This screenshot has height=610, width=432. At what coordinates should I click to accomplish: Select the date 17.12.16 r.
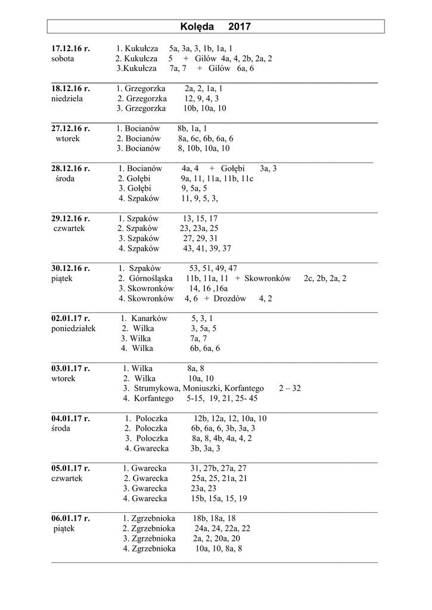[70, 48]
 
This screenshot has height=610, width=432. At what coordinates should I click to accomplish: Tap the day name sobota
[63, 58]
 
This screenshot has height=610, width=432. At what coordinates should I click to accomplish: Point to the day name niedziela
[67, 98]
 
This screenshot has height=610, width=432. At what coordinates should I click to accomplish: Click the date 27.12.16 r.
[70, 128]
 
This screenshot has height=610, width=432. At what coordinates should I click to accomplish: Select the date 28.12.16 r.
[70, 169]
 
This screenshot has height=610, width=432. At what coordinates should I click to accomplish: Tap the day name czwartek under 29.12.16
[69, 228]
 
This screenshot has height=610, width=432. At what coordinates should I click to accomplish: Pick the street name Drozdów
[229, 298]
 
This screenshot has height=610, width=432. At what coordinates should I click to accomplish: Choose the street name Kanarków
[150, 318]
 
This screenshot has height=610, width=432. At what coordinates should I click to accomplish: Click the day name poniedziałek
[73, 328]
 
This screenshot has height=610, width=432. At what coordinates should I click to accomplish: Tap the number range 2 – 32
[290, 388]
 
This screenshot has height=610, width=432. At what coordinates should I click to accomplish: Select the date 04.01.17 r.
[70, 418]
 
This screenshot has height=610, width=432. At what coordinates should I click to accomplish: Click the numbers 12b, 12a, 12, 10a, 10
[230, 418]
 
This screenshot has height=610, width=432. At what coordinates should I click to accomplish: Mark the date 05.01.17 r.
[70, 468]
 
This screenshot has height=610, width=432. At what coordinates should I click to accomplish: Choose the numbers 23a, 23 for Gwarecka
[204, 488]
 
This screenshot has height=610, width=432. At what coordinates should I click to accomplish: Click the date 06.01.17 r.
[70, 518]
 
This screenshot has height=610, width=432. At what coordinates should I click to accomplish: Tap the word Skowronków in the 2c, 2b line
[268, 278]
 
